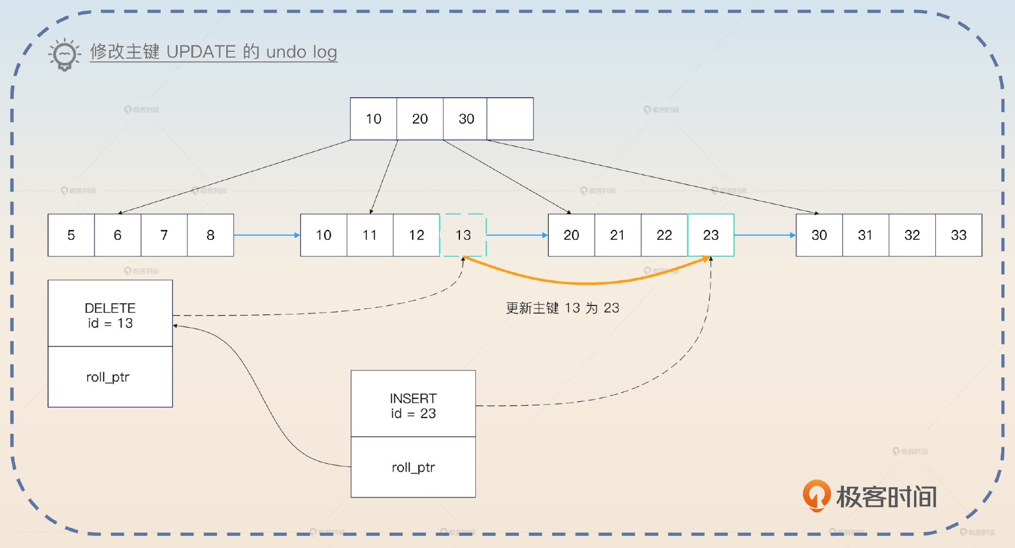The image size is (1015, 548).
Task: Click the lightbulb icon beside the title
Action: pyautogui.click(x=64, y=54)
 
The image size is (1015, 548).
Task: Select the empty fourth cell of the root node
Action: pyautogui.click(x=510, y=119)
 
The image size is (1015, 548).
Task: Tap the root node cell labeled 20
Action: pyautogui.click(x=420, y=119)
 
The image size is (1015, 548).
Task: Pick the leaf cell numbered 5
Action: pyautogui.click(x=71, y=235)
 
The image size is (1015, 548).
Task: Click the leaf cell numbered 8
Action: pyautogui.click(x=210, y=235)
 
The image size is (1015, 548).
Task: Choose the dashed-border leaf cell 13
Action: pyautogui.click(x=463, y=235)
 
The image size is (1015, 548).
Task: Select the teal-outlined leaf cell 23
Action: pyautogui.click(x=711, y=235)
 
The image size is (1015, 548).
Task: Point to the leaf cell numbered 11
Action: pyautogui.click(x=370, y=235)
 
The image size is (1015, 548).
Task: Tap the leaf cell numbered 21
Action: pyautogui.click(x=617, y=235)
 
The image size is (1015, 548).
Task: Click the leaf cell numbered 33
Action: pyautogui.click(x=958, y=235)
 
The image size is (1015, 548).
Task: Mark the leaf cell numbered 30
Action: pyautogui.click(x=819, y=235)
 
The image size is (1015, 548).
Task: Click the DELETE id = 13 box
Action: pyautogui.click(x=110, y=315)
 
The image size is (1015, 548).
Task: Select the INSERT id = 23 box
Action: pyautogui.click(x=413, y=405)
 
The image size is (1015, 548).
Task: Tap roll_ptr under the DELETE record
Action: pyautogui.click(x=108, y=377)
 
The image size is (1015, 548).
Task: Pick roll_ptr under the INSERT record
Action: pyautogui.click(x=413, y=468)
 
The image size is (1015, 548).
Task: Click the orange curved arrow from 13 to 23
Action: pyautogui.click(x=587, y=283)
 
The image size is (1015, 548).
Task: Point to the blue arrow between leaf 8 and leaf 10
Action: pyautogui.click(x=266, y=235)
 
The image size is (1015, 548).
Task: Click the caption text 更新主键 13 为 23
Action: pyautogui.click(x=562, y=308)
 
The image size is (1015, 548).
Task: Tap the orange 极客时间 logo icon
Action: pyautogui.click(x=816, y=496)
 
